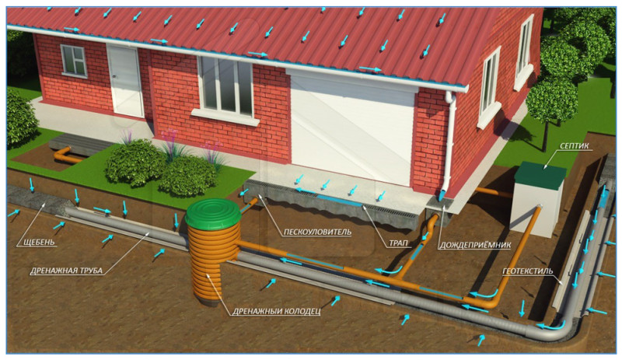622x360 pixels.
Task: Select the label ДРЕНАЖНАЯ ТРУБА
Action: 67,271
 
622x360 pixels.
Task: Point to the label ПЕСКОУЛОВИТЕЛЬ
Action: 317,232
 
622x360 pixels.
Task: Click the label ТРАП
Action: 398,243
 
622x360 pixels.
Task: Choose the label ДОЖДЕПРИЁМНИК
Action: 474,245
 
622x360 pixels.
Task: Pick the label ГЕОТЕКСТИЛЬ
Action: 528,271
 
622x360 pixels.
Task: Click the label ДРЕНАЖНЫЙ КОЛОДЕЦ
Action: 276,311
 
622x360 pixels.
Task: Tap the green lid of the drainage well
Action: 212,214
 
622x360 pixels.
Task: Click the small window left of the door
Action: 74,61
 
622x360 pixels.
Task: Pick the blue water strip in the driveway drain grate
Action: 339,200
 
